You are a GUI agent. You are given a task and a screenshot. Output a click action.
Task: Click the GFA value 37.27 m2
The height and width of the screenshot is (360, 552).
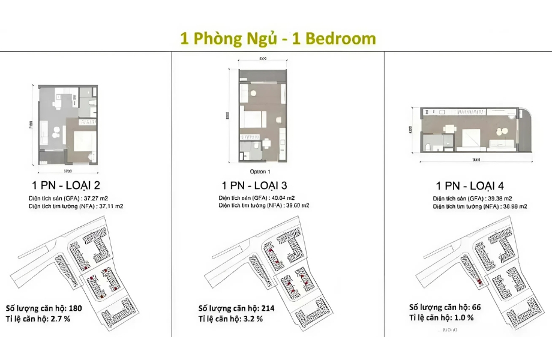[x=97, y=196]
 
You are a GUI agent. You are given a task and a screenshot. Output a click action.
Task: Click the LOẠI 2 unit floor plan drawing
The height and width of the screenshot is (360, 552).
[x=68, y=125]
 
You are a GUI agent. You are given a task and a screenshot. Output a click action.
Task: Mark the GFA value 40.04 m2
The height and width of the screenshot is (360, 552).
[x=281, y=197]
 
